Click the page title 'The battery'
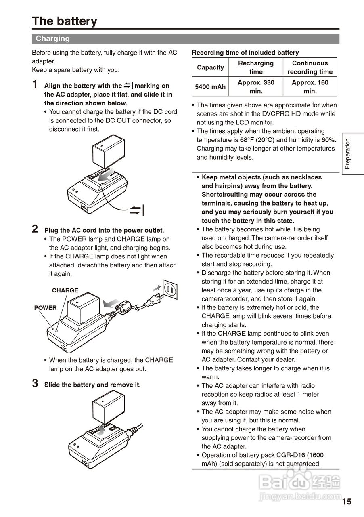click(x=65, y=21)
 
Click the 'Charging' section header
click(x=52, y=39)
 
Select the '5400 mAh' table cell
click(x=210, y=87)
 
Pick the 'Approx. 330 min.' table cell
click(x=256, y=87)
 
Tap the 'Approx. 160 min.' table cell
click(x=310, y=87)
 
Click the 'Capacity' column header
click(x=210, y=67)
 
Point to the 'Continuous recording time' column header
click(x=310, y=67)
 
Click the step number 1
click(x=36, y=85)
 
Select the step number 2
click(x=36, y=229)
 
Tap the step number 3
click(x=36, y=384)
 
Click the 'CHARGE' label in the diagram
click(x=65, y=290)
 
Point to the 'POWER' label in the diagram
click(x=45, y=308)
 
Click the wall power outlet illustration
click(x=169, y=290)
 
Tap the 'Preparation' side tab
click(x=348, y=154)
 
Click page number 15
click(x=347, y=502)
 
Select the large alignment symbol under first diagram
click(x=138, y=210)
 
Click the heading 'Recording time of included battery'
click(x=245, y=53)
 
